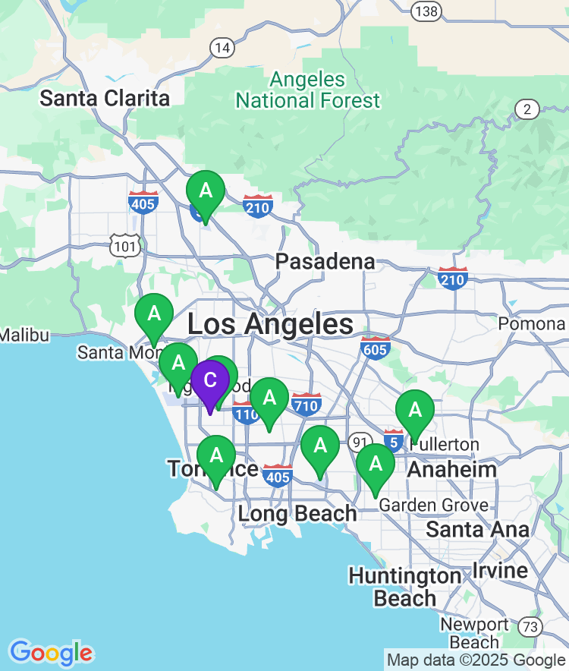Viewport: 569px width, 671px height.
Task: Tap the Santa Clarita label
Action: coord(105,98)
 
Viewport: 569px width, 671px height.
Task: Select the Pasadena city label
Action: coord(325,262)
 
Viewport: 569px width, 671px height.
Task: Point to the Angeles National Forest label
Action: coord(307,90)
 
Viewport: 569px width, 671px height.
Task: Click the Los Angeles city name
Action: coord(270,325)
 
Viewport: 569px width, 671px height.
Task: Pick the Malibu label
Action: coord(24,335)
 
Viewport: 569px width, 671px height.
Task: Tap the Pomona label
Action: coord(532,324)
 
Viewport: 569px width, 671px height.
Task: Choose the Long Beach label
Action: coord(297,514)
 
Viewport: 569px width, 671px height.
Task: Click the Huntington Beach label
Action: coord(404,587)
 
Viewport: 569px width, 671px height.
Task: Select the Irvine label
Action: coord(500,570)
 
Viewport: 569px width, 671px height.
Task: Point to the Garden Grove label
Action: coord(434,505)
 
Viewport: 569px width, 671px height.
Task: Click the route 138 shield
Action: coord(426,10)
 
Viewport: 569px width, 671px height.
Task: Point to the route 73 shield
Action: coord(532,627)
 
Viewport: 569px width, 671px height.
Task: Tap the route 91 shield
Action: coord(360,443)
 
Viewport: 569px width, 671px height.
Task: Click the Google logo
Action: coord(51,653)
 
